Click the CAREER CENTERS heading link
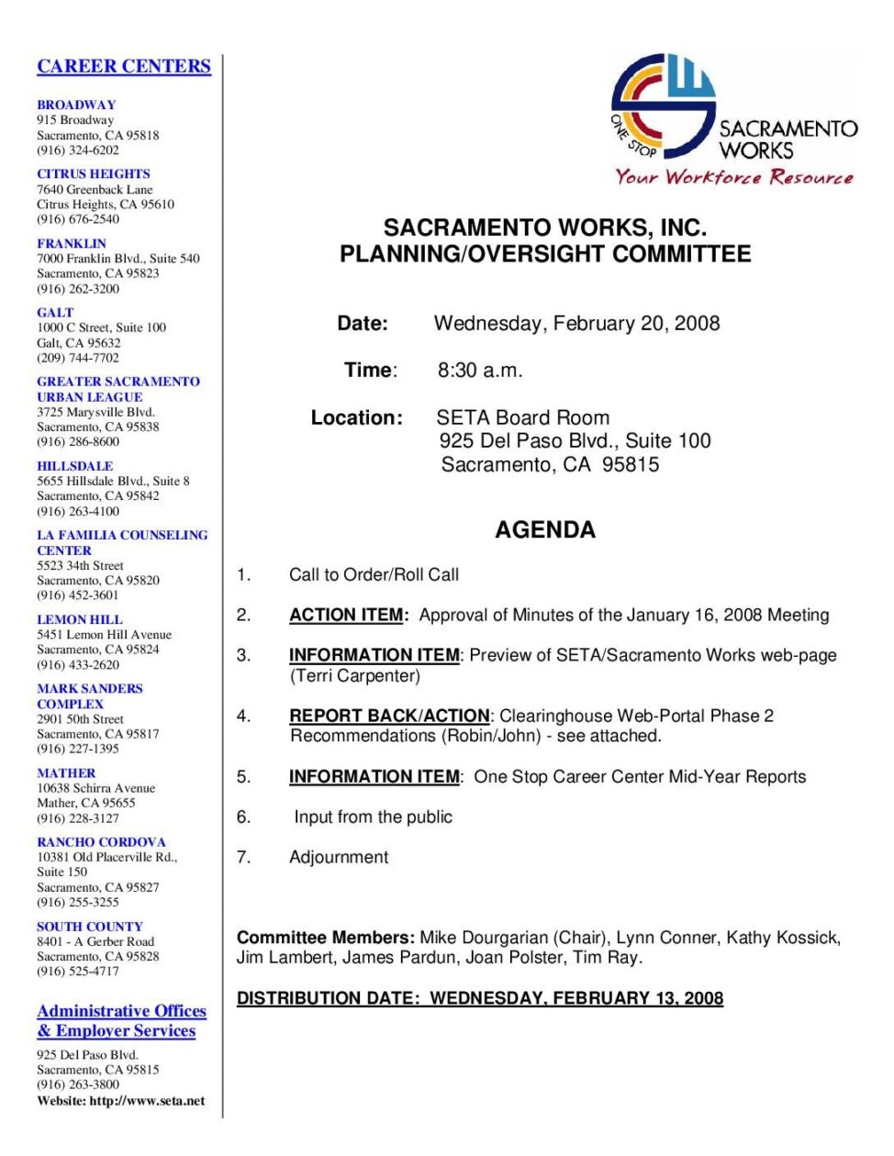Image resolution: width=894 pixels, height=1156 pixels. coord(124,66)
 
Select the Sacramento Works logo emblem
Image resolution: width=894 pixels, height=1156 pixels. coord(663,105)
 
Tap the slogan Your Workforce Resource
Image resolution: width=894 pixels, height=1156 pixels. coord(733,177)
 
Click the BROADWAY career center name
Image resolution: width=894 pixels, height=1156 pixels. coord(76,105)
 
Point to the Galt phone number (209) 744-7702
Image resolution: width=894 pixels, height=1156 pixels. coord(78,358)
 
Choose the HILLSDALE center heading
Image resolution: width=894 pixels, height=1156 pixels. coord(75,466)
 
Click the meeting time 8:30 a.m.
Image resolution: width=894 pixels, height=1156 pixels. coord(480,371)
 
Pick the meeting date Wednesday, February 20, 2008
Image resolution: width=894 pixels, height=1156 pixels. coord(576,323)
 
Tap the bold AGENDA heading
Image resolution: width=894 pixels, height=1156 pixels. coord(545,529)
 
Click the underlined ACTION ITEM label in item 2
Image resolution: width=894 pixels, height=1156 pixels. coord(347,615)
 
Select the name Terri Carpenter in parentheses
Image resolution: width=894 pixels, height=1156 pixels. coord(355,676)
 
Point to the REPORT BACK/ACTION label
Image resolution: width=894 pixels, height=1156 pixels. coord(389,716)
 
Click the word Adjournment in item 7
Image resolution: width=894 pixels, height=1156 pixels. coord(339,857)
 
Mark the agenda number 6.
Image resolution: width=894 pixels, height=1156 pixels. coord(243,817)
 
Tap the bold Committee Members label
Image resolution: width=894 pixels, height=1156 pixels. coord(326,938)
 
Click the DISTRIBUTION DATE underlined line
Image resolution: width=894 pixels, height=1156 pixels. coord(480,998)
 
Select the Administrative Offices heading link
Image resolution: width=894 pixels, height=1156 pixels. coord(121,1011)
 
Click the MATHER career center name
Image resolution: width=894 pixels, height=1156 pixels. coord(66,773)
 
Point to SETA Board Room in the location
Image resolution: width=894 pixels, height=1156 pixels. coord(523,417)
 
